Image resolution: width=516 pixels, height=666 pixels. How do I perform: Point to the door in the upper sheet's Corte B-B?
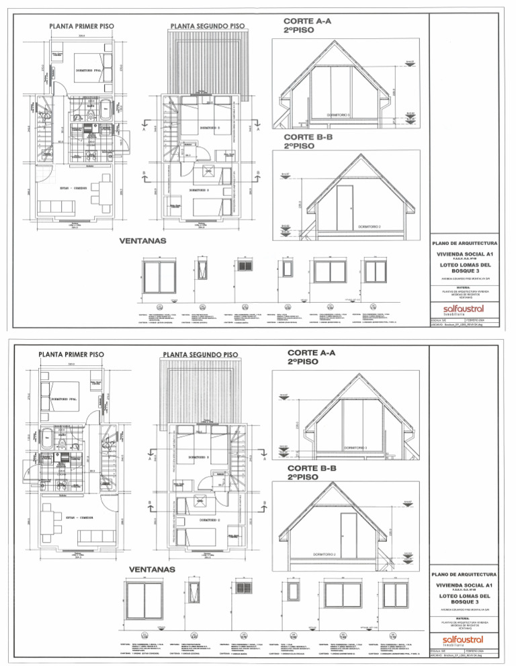[x=345, y=202]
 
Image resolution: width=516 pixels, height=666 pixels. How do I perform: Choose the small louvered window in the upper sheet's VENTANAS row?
[x=243, y=266]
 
